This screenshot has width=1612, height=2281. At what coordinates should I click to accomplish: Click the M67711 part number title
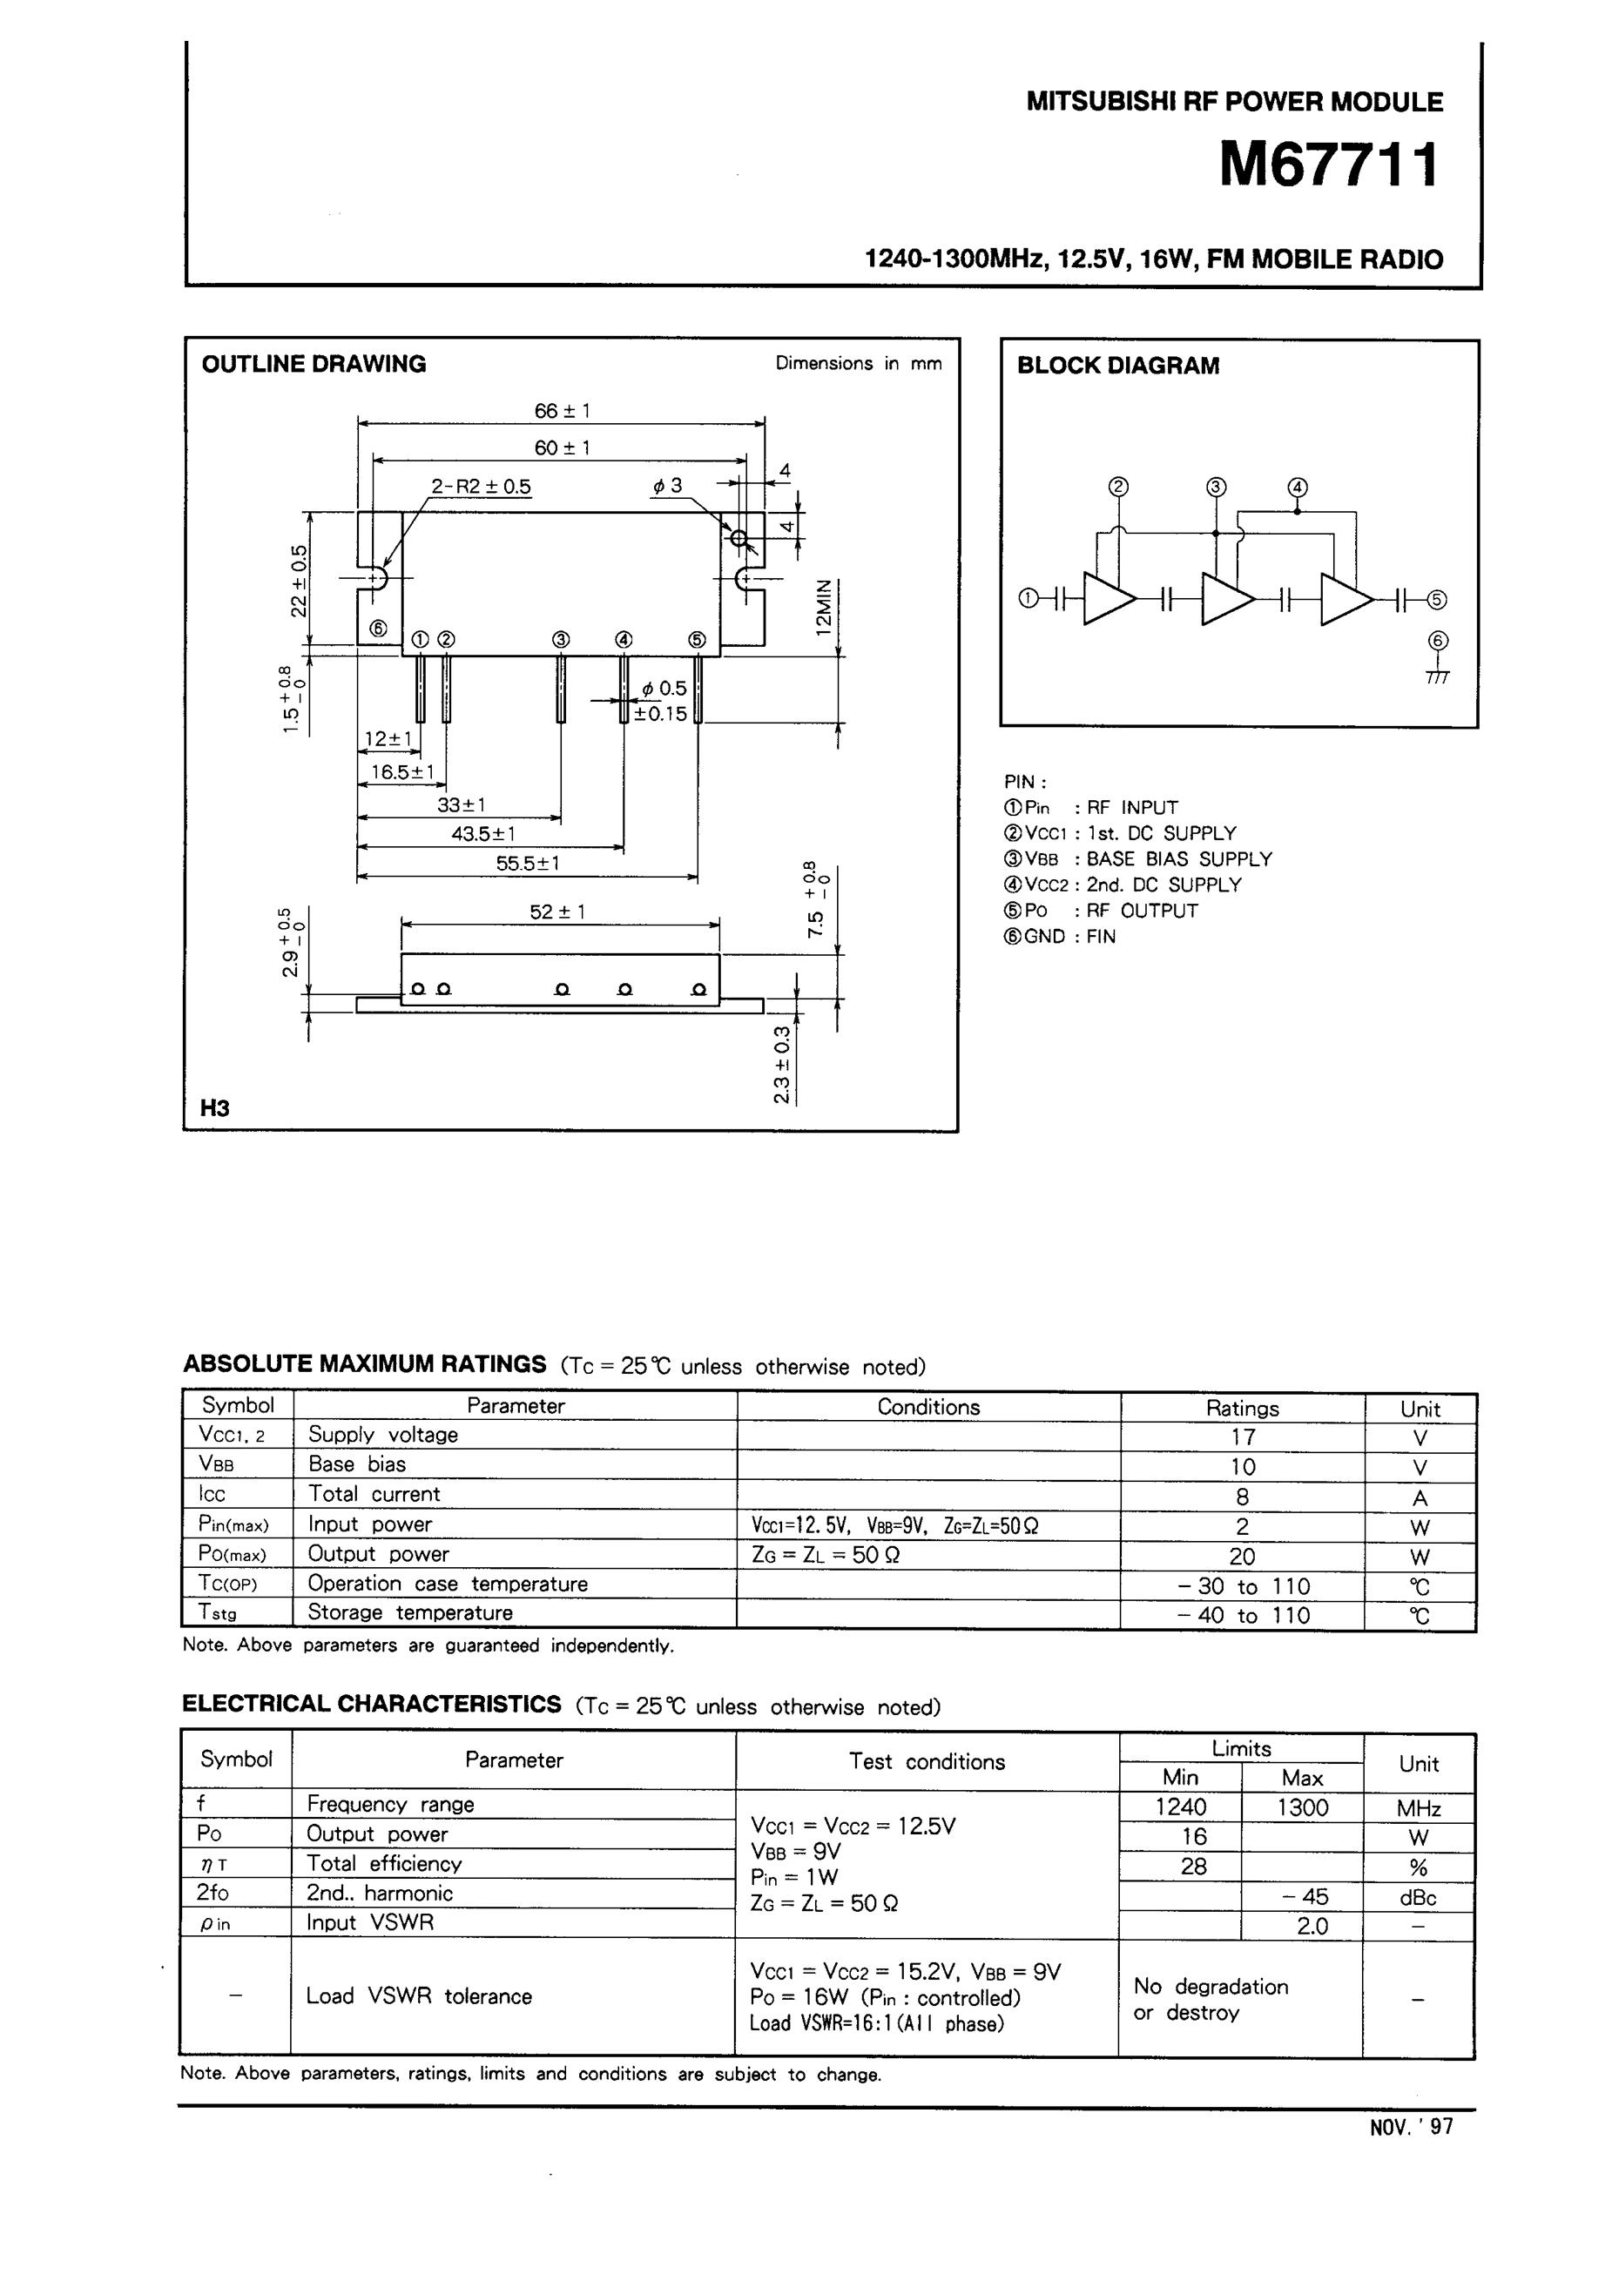(1329, 165)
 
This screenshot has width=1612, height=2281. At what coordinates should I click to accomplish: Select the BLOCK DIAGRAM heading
(1117, 366)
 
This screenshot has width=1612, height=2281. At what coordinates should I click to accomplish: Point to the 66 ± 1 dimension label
(562, 410)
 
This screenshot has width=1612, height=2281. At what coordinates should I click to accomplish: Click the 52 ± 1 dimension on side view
(557, 911)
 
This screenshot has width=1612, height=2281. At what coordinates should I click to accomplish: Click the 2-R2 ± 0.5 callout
(481, 487)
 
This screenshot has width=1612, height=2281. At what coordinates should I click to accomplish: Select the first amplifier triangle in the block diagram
(1106, 599)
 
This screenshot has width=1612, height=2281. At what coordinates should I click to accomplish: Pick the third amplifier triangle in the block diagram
(1344, 599)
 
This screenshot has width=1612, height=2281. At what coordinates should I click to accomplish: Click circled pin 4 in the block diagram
(1297, 488)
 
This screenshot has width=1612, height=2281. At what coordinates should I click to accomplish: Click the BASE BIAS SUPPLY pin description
(1177, 858)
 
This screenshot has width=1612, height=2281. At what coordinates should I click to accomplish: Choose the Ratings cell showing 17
(1242, 1437)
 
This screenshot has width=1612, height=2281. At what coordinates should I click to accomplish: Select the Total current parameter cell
(374, 1493)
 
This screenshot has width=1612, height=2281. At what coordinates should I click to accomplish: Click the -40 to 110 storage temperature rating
(1242, 1615)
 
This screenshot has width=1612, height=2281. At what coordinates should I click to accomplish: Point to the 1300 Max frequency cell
(1302, 1807)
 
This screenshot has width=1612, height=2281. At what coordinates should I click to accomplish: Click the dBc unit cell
(1417, 1898)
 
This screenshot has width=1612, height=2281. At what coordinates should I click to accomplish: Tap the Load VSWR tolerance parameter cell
(418, 1995)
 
